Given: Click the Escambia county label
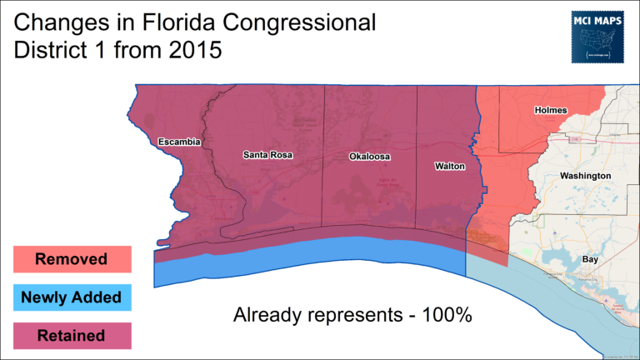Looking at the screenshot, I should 179,142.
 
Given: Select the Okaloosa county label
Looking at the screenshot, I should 370,157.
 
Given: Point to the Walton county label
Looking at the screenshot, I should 450,167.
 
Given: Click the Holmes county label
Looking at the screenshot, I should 548,110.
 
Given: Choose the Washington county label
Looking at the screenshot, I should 585,176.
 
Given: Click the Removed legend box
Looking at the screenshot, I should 71,259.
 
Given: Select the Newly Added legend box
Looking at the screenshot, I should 71,297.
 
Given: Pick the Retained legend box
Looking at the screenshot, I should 71,336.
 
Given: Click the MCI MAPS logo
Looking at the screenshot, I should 599,37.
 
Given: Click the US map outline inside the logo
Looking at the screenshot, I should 599,40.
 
